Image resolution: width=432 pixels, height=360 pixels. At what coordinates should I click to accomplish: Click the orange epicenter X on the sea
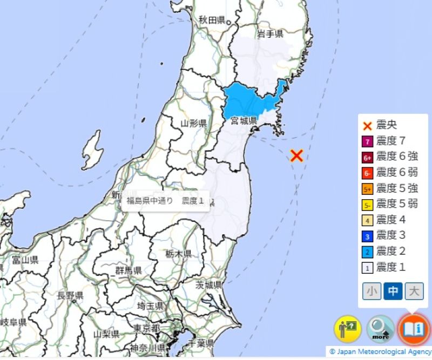pyautogui.click(x=296, y=156)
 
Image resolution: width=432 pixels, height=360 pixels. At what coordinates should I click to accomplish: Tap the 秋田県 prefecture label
pyautogui.click(x=211, y=20)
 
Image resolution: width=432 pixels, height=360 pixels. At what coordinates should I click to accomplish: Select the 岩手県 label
pyautogui.click(x=270, y=34)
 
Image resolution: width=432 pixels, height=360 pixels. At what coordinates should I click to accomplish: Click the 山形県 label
pyautogui.click(x=193, y=123)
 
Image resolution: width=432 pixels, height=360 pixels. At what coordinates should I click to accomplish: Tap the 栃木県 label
pyautogui.click(x=179, y=253)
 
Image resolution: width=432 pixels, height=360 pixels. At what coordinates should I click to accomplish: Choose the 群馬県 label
pyautogui.click(x=129, y=270)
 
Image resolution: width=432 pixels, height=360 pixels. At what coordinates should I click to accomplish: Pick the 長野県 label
pyautogui.click(x=70, y=295)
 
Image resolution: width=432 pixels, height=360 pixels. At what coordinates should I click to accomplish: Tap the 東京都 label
pyautogui.click(x=146, y=328)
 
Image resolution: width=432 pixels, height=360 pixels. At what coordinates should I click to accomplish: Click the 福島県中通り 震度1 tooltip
pyautogui.click(x=165, y=201)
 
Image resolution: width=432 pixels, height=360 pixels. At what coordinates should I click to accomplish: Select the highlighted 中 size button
pyautogui.click(x=393, y=291)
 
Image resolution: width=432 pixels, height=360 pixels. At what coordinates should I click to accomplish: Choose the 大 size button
pyautogui.click(x=414, y=291)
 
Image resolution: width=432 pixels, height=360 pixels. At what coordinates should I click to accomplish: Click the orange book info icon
pyautogui.click(x=414, y=328)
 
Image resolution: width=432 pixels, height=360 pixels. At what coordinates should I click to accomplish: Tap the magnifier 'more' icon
pyautogui.click(x=381, y=328)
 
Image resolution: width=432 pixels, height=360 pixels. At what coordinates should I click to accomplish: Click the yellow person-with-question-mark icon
pyautogui.click(x=347, y=328)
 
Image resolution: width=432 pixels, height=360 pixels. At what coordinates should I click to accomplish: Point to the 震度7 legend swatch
pyautogui.click(x=367, y=141)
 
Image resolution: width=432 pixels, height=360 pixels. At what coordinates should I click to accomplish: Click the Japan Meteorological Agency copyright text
pyautogui.click(x=380, y=351)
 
